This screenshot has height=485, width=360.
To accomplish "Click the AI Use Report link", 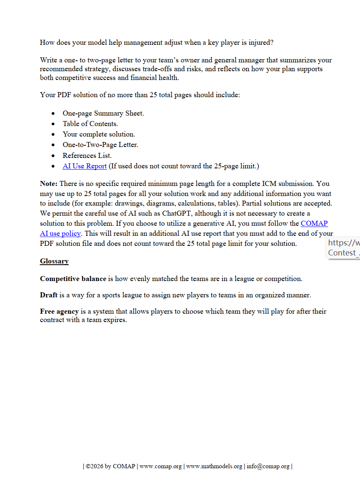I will click(x=85, y=166).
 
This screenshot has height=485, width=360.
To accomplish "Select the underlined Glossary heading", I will click(x=54, y=261).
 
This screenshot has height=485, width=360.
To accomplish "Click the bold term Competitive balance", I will click(x=73, y=279).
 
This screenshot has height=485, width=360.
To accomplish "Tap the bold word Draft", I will click(x=49, y=295).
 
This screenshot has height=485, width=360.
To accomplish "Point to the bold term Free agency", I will click(x=59, y=312).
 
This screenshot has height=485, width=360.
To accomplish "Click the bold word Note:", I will click(x=49, y=184).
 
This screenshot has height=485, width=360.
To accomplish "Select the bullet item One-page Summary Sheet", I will click(x=103, y=114).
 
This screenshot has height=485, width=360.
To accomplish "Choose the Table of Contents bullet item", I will click(x=90, y=124).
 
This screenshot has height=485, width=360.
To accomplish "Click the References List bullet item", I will click(x=87, y=156).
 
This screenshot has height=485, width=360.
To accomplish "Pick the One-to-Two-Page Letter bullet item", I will click(x=100, y=145).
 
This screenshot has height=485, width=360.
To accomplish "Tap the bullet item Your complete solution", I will click(x=99, y=134).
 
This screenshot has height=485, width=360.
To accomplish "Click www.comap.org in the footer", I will click(x=161, y=467).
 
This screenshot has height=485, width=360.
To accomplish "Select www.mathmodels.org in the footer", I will click(x=214, y=467).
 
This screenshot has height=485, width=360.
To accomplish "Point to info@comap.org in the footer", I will click(x=268, y=467).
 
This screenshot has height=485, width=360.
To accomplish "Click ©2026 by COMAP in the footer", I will click(x=111, y=467).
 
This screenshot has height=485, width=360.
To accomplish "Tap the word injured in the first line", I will click(x=259, y=43).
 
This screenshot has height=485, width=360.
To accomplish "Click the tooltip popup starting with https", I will click(x=343, y=248).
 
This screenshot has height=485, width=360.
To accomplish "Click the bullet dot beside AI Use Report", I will click(x=53, y=166).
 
